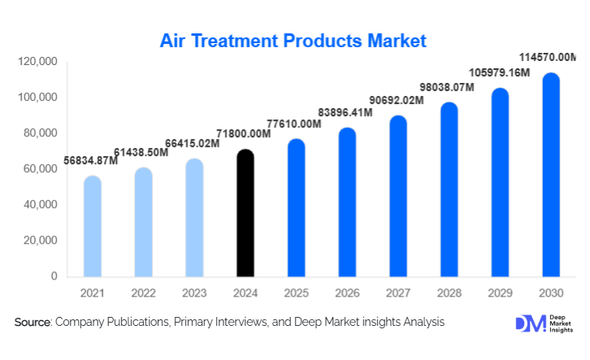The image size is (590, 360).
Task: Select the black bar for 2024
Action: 245,213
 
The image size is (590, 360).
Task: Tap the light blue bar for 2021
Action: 93,226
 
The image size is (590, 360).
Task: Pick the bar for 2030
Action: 550,175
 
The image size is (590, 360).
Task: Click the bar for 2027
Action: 398,196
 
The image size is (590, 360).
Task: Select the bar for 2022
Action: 143,222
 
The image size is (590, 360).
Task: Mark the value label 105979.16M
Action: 497,73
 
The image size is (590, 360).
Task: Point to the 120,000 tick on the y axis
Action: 36,62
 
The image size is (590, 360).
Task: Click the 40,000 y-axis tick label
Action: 38,205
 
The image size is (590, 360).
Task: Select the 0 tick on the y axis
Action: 54,276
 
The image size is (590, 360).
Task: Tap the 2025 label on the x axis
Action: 296,293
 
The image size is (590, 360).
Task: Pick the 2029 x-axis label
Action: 499,293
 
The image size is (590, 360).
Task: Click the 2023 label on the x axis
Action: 194,293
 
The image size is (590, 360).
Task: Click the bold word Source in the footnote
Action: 33,323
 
